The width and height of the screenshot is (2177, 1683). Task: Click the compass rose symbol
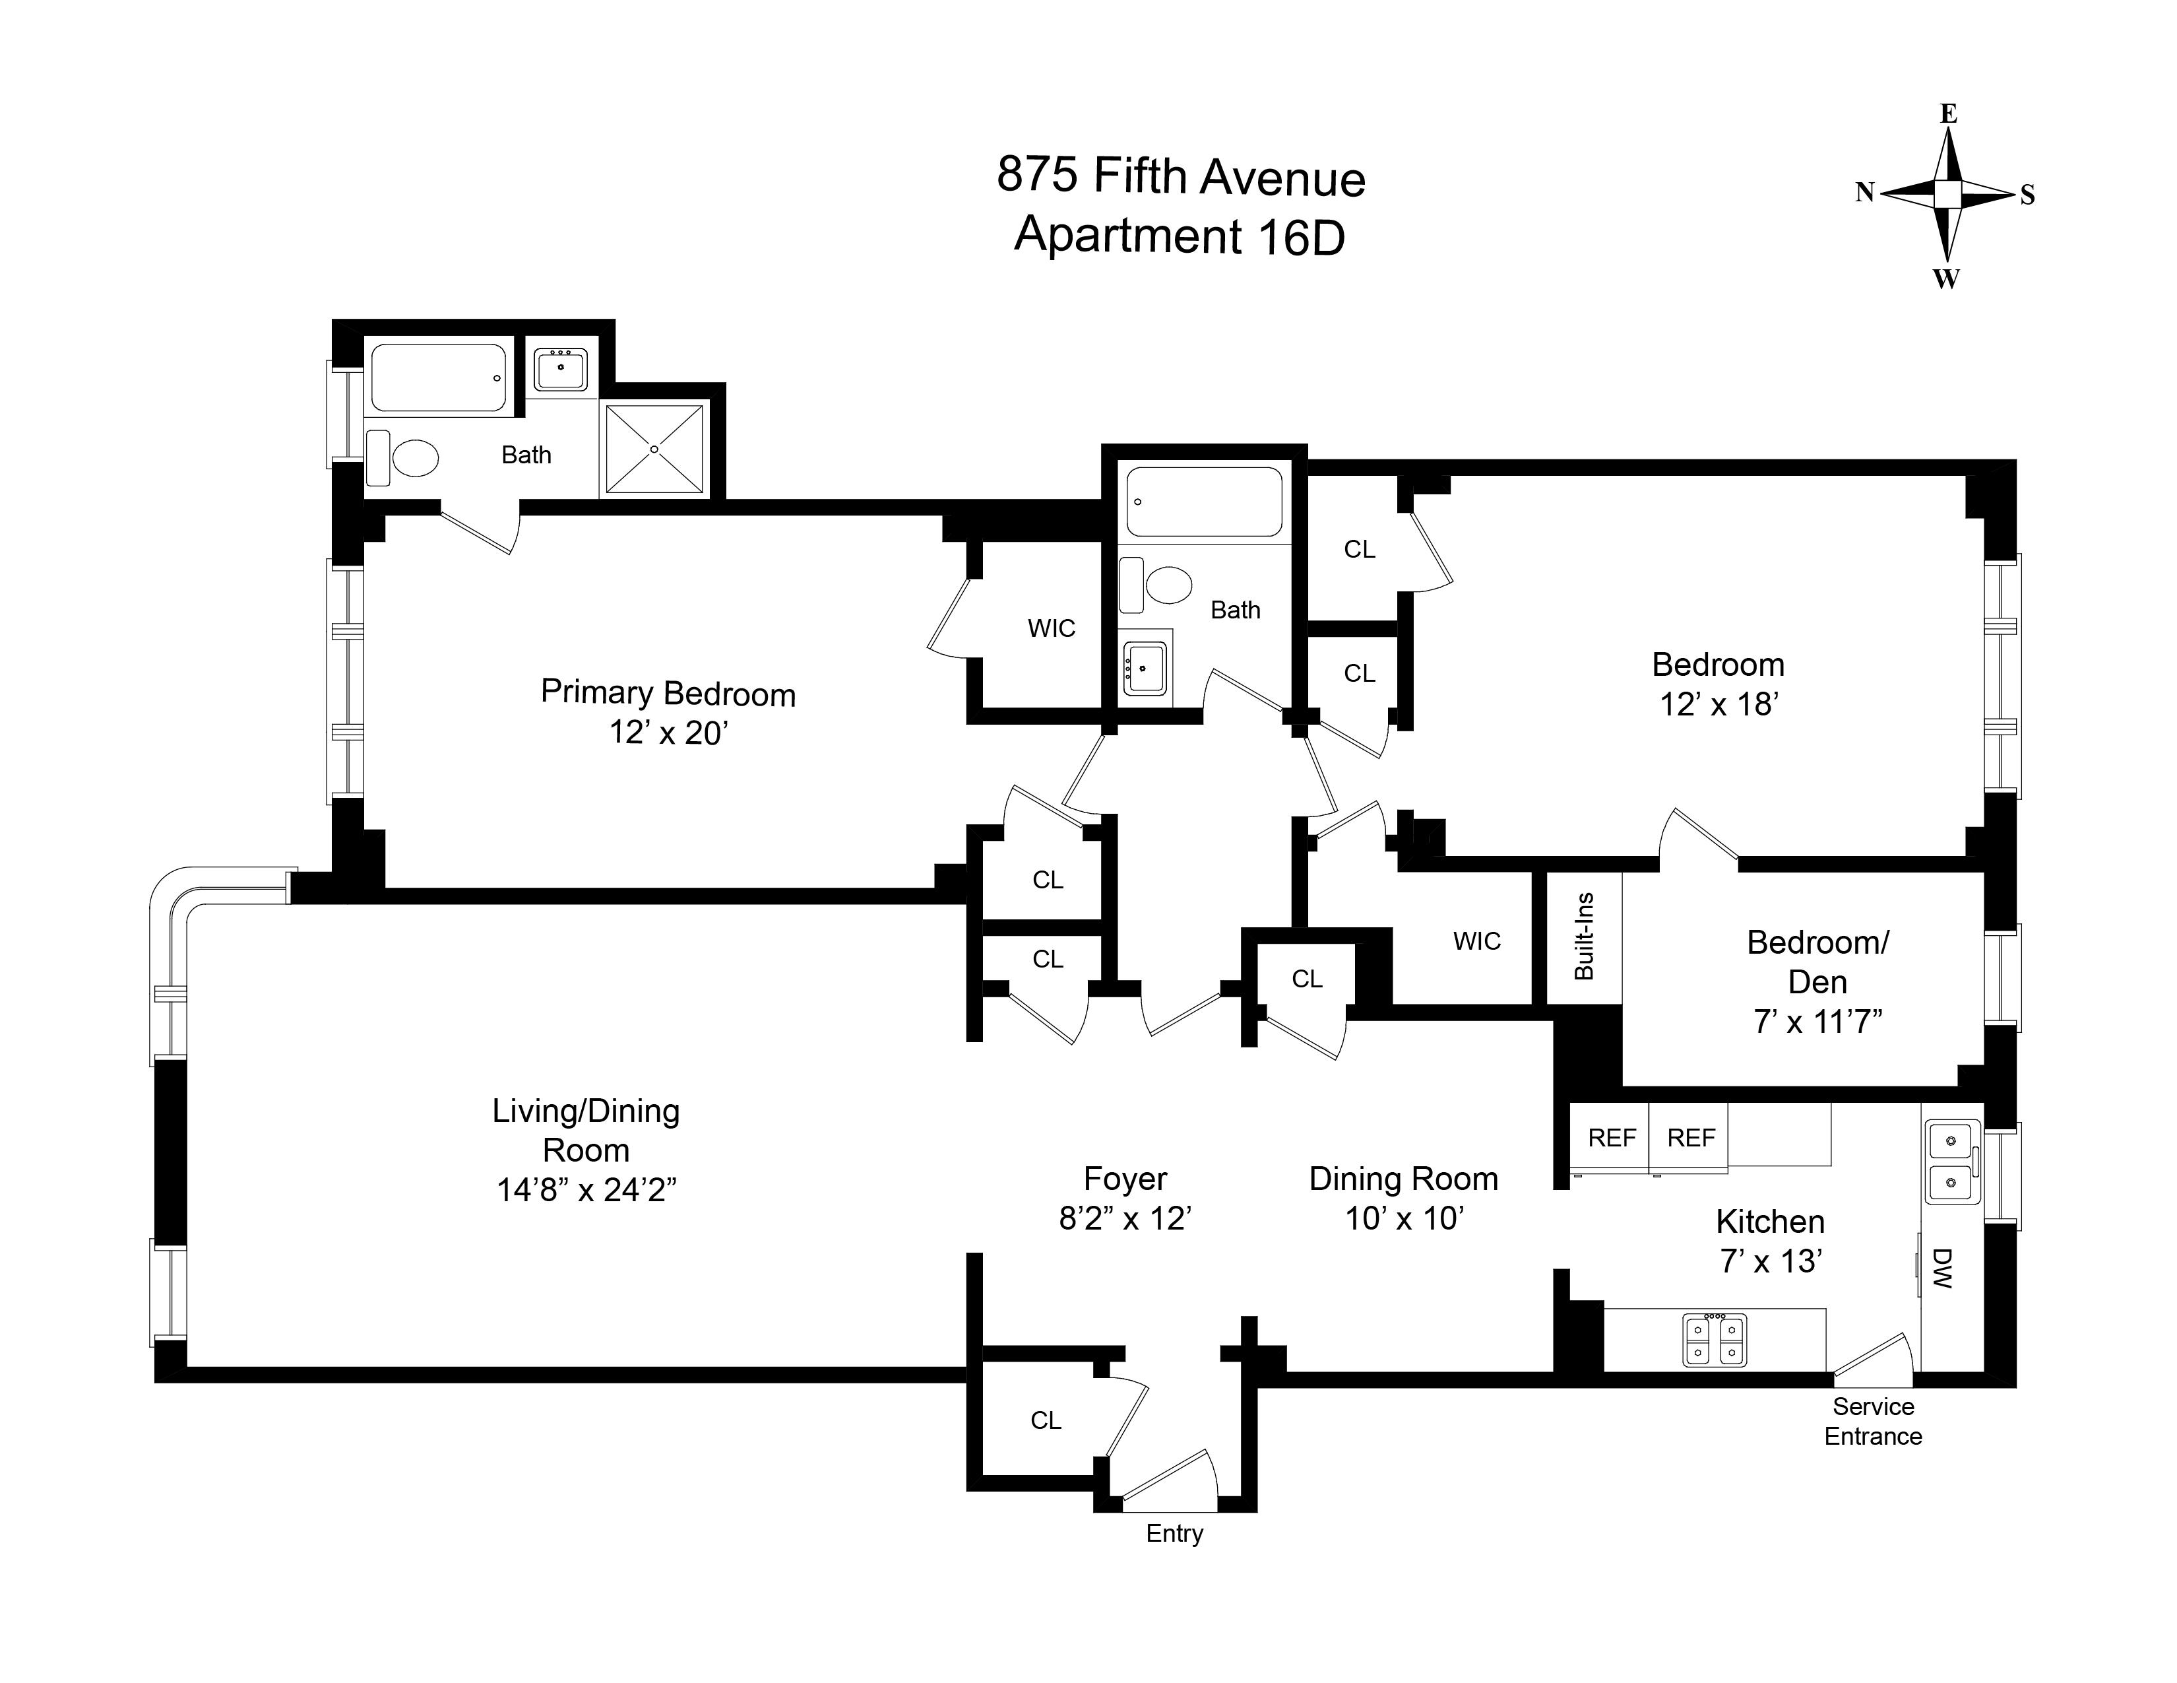1947,195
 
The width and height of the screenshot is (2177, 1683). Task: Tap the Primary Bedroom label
668,693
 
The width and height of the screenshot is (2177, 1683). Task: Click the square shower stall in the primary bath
654,449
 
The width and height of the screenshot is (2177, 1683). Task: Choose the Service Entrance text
1873,1421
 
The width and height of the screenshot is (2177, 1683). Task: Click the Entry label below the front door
1174,1533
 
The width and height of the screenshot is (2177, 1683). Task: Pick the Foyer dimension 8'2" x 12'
1125,1218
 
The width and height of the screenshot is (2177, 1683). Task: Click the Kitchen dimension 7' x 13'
1771,1261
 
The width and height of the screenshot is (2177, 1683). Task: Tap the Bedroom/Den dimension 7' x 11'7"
1817,1022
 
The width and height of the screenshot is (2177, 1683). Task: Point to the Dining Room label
1403,1179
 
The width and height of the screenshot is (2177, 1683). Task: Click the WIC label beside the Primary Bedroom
1052,628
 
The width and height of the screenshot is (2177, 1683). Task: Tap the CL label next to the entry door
1046,1420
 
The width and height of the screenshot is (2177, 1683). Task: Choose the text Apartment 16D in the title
1180,236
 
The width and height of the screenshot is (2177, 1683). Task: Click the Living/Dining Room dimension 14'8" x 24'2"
586,1189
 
